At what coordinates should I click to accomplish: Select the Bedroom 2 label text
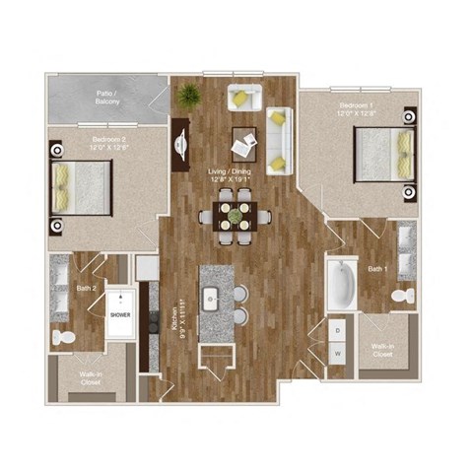pyautogui.click(x=105, y=143)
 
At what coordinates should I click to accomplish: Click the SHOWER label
pyautogui.click(x=119, y=317)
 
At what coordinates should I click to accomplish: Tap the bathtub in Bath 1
pyautogui.click(x=341, y=285)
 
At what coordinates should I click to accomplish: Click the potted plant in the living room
pyautogui.click(x=188, y=96)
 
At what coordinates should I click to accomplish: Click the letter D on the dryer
pyautogui.click(x=338, y=329)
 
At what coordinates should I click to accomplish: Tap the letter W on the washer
pyautogui.click(x=338, y=352)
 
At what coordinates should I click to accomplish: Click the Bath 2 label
pyautogui.click(x=86, y=289)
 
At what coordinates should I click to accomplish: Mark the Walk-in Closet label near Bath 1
pyautogui.click(x=383, y=351)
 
